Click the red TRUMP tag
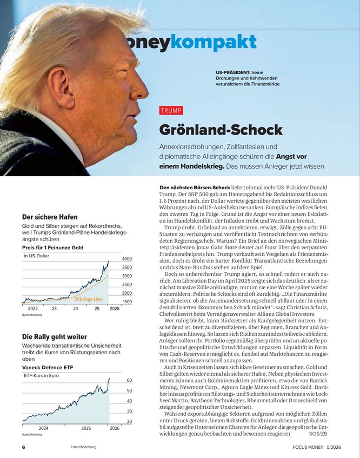pyautogui.click(x=171, y=111)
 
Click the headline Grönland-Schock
pyautogui.click(x=221, y=130)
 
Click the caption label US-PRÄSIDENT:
pyautogui.click(x=233, y=72)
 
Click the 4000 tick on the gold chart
pyautogui.click(x=128, y=259)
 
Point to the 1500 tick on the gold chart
pyautogui.click(x=128, y=302)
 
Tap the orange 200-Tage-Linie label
pyautogui.click(x=89, y=298)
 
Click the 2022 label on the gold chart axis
pyautogui.click(x=32, y=308)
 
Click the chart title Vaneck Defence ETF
pyautogui.click(x=48, y=368)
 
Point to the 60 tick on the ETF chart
pyautogui.click(x=130, y=381)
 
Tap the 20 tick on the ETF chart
pyautogui.click(x=130, y=421)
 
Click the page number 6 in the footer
pyautogui.click(x=23, y=448)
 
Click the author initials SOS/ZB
pyautogui.click(x=318, y=434)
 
